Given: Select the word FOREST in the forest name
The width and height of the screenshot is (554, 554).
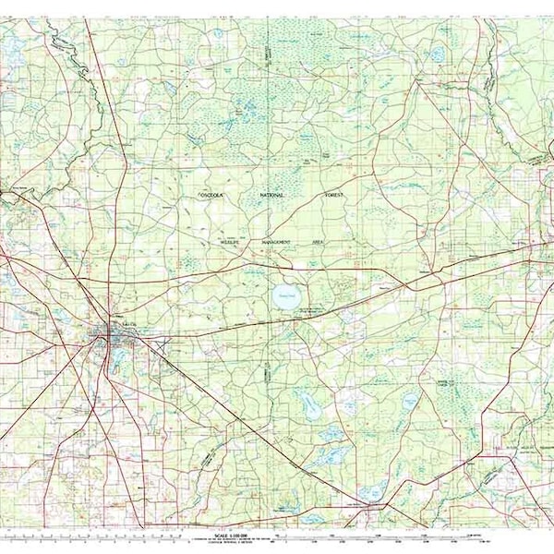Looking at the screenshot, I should [332, 196].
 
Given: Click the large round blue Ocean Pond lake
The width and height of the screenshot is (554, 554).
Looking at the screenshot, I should [285, 297].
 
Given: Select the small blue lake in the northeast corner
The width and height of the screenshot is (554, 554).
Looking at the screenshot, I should [437, 54].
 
